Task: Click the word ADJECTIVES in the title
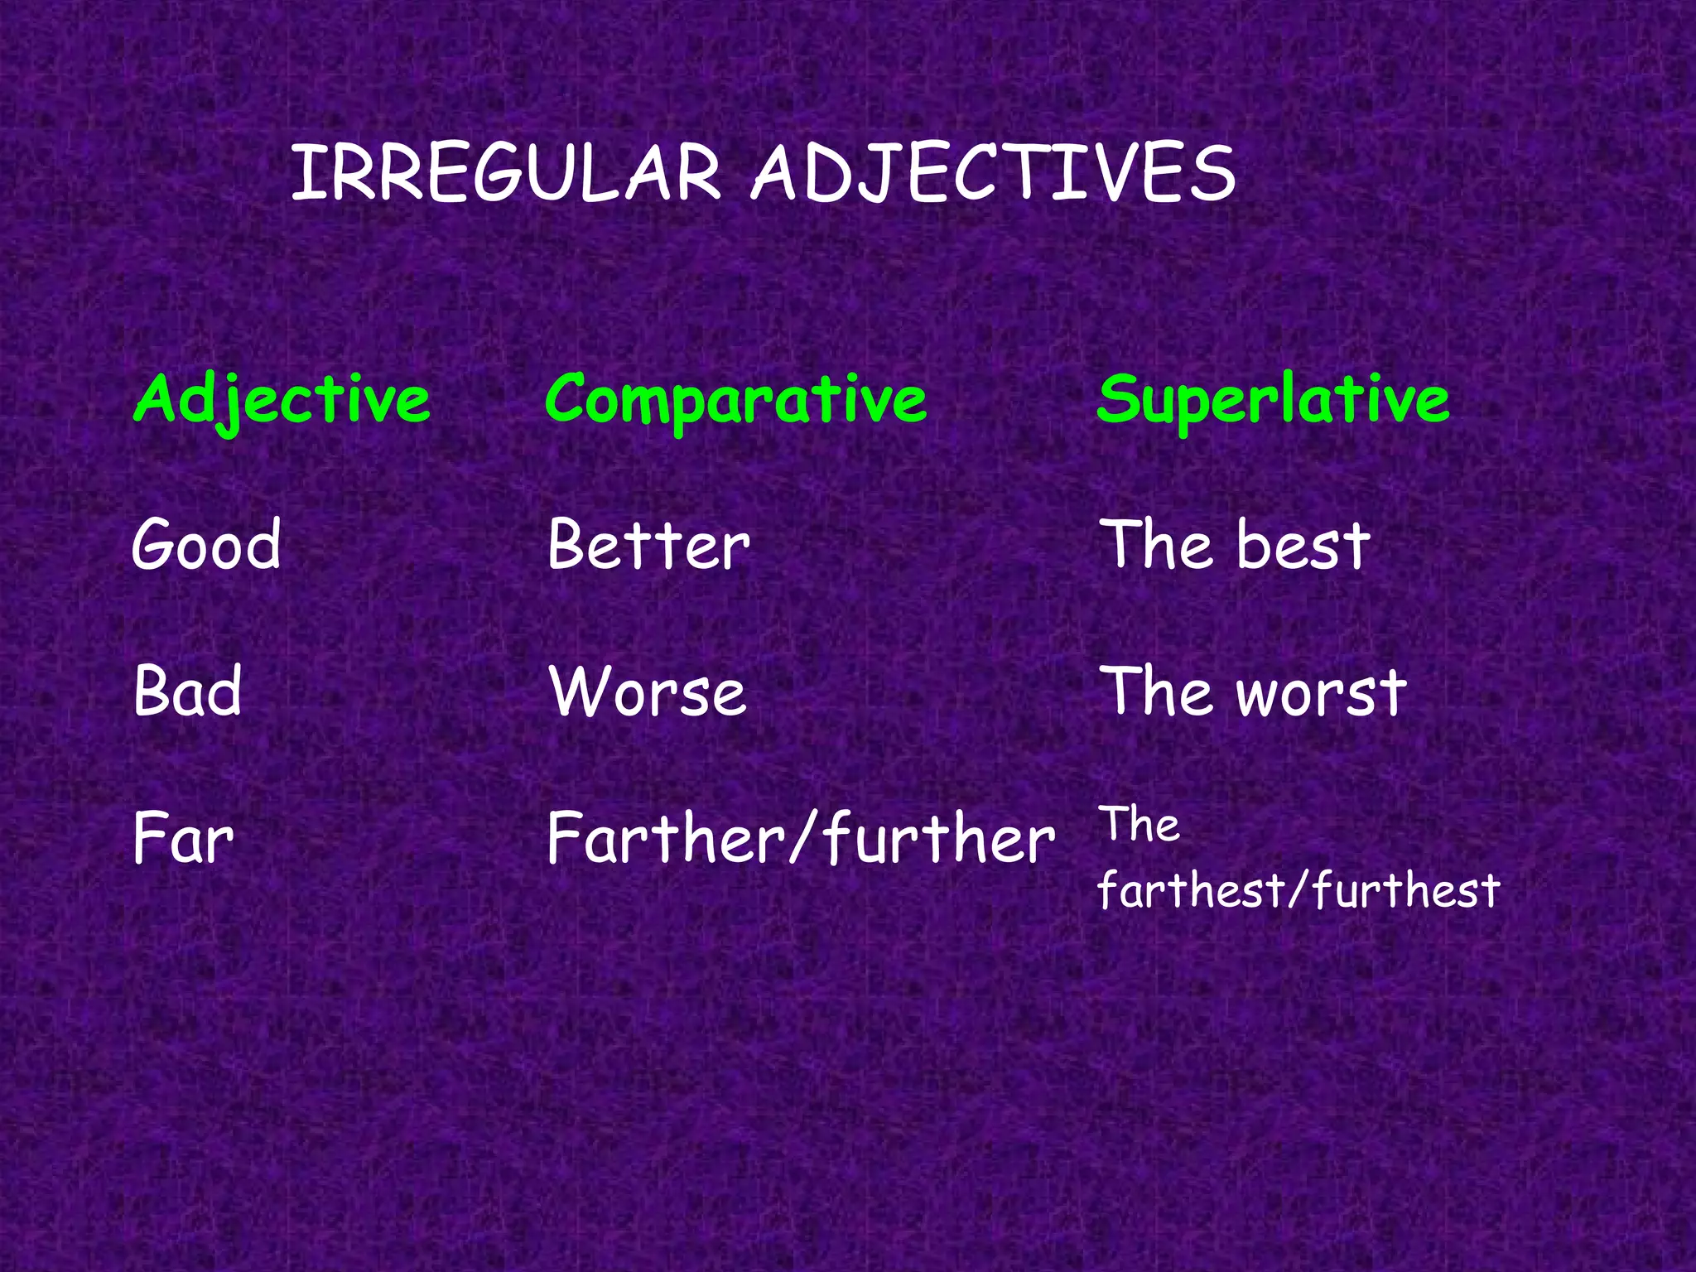click(994, 174)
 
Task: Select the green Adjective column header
click(282, 400)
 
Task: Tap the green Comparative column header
click(735, 400)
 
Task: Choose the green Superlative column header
click(1273, 400)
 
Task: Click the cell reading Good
click(206, 545)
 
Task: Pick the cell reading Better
click(648, 545)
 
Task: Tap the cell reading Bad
click(187, 691)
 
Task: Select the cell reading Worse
click(648, 691)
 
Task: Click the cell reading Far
click(183, 838)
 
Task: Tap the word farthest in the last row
click(1191, 891)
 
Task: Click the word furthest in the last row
click(1405, 891)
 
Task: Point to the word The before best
click(1154, 545)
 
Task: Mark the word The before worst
click(1154, 691)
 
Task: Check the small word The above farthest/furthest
click(1139, 826)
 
